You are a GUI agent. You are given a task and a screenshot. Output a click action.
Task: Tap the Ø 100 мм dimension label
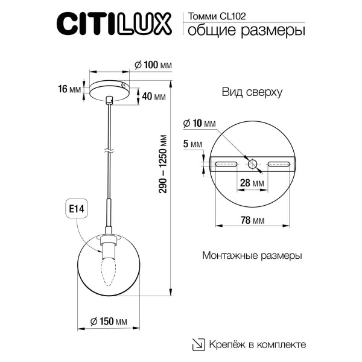click(x=152, y=65)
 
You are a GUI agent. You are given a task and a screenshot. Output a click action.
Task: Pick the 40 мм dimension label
click(x=155, y=97)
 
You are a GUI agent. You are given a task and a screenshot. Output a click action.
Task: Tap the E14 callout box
click(x=76, y=209)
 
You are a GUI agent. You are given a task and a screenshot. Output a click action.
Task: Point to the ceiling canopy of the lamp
click(x=109, y=87)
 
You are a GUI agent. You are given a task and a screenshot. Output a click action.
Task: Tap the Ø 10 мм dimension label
click(x=198, y=123)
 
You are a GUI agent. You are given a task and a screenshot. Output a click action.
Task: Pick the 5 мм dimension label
click(x=193, y=144)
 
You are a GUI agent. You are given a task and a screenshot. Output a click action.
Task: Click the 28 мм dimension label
click(x=252, y=182)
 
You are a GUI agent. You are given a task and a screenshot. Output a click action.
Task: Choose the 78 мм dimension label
click(x=252, y=221)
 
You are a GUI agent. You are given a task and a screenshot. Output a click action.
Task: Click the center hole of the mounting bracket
click(x=252, y=164)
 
